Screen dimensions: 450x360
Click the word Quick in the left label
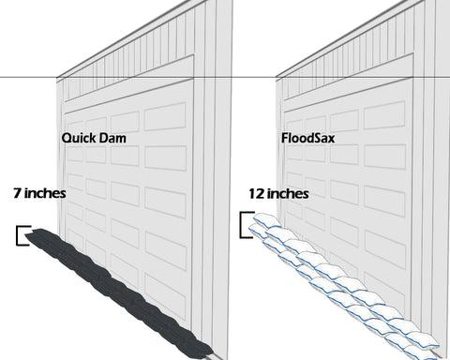coord(79,137)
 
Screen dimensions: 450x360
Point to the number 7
coord(18,194)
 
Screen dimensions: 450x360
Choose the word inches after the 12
coord(290,194)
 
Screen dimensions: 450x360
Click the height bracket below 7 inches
coord(22,234)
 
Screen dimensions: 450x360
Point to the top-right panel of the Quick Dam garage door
coord(167,114)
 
